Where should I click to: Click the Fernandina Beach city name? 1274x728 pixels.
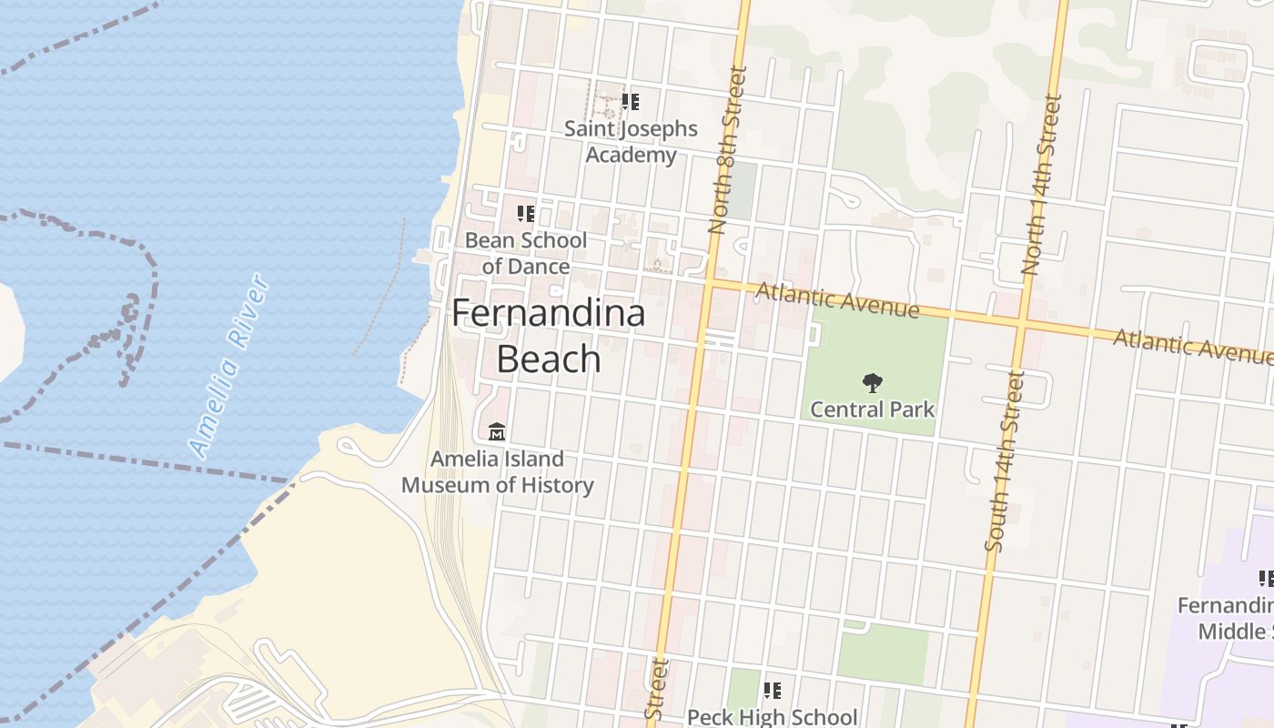click(549, 336)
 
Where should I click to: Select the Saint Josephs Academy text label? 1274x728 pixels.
click(631, 142)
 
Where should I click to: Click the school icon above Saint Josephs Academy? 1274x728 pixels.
click(631, 102)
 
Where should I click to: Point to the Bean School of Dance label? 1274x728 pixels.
click(526, 253)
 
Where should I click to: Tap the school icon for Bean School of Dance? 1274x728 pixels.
click(526, 214)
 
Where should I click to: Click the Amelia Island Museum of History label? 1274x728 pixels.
click(498, 472)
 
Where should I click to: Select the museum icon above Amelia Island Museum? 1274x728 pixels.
click(497, 431)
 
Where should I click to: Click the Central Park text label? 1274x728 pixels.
click(872, 409)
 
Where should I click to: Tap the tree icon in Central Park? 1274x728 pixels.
click(872, 383)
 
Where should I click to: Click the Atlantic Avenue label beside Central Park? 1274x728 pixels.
click(837, 300)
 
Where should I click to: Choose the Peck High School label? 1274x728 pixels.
click(772, 717)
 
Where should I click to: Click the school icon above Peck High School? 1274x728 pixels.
click(772, 691)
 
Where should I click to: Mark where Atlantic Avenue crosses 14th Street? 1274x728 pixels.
click(1021, 323)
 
